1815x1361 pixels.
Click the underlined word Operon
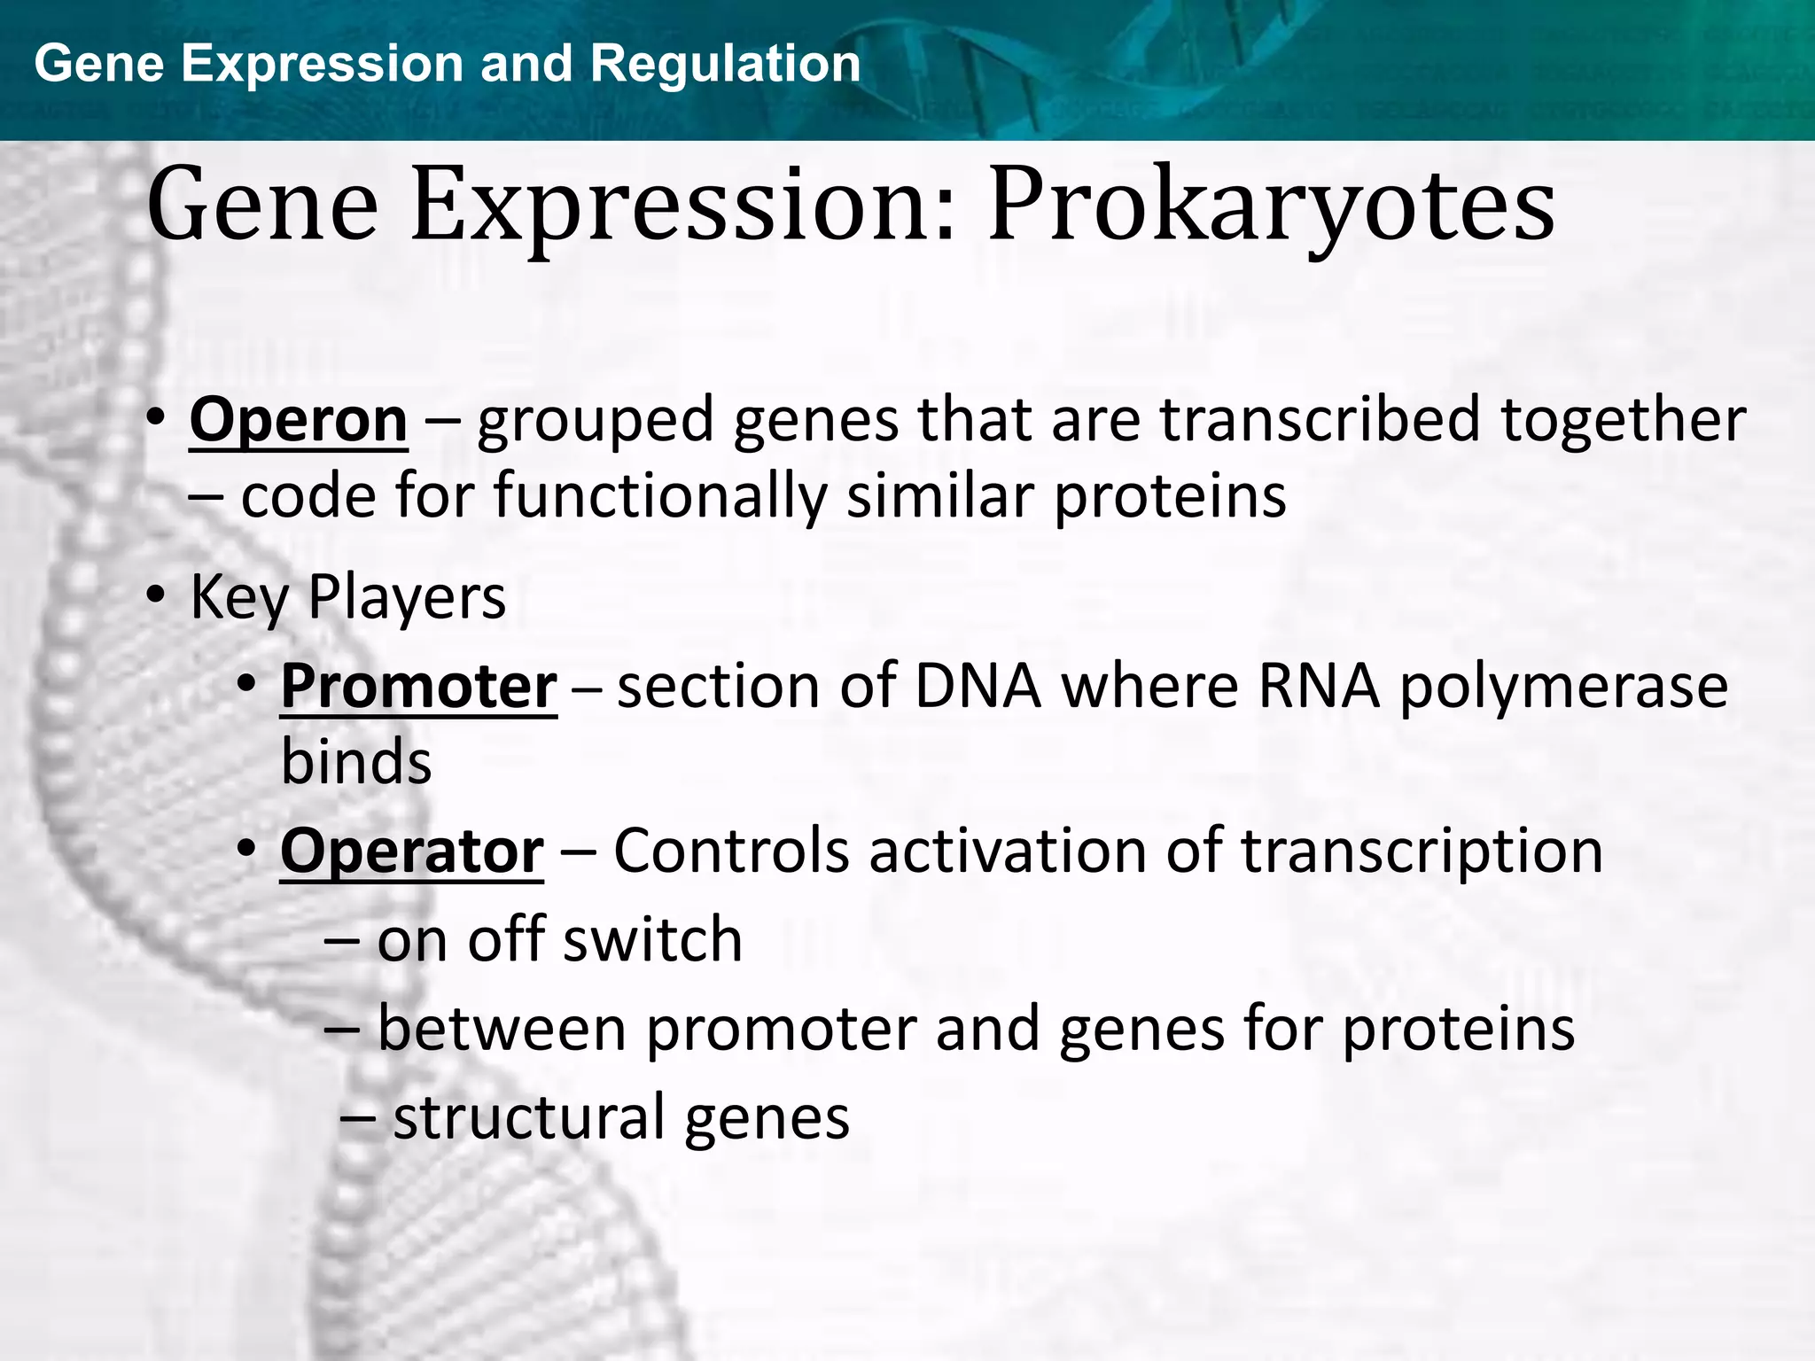click(x=298, y=422)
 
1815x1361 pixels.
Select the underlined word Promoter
click(x=418, y=688)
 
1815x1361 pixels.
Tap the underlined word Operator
click(x=411, y=852)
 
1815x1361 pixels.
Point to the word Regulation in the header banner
click(x=725, y=64)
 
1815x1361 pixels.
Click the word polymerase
click(x=1563, y=688)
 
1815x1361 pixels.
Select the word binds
click(x=356, y=762)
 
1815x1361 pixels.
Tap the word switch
click(x=652, y=940)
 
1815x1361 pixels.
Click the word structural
click(x=529, y=1117)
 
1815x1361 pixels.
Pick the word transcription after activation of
click(x=1422, y=852)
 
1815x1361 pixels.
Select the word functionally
click(x=659, y=496)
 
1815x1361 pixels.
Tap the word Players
click(x=407, y=599)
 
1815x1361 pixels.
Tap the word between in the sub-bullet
click(x=502, y=1030)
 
